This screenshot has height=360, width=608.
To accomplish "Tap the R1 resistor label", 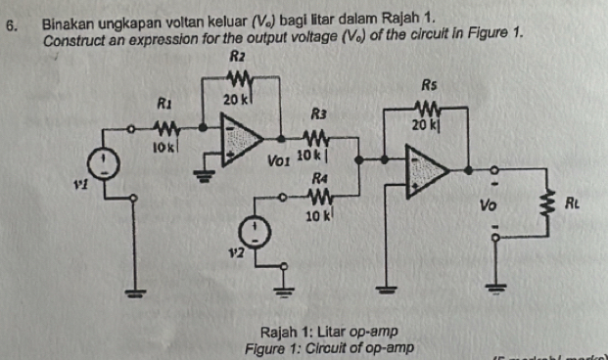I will [x=164, y=101].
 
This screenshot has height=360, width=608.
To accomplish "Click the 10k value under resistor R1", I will [x=164, y=147].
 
